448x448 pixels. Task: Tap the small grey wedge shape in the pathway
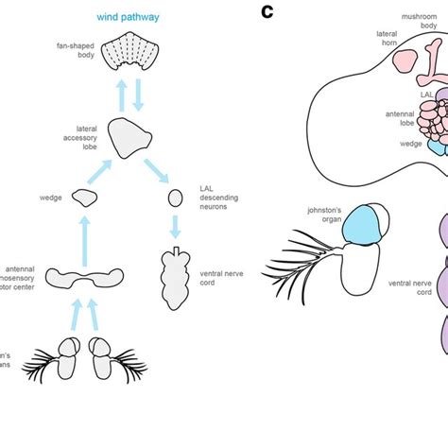(86, 198)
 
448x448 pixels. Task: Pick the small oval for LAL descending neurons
(175, 198)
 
